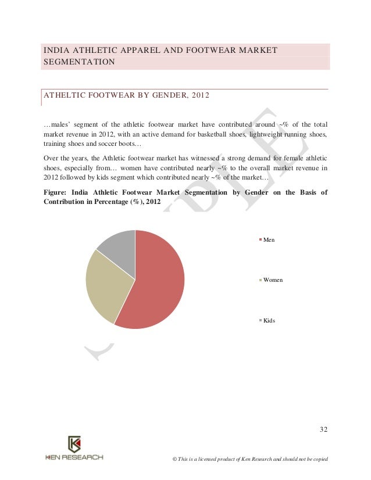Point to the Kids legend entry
click(269, 320)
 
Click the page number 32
click(324, 430)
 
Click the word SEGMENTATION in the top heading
click(79, 62)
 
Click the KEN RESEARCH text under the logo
click(74, 457)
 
